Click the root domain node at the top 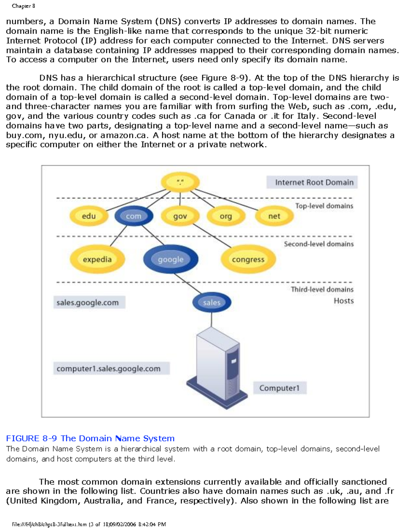pos(180,182)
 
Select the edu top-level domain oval pos(89,216)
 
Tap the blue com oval pos(134,216)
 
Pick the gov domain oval pos(180,216)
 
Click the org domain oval pos(226,216)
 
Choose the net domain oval pos(274,216)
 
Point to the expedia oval pos(97,260)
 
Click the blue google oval pos(170,260)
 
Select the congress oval pos(248,260)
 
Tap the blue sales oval pos(211,303)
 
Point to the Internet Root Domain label pos(314,182)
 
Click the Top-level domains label pos(324,206)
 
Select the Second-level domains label pos(318,244)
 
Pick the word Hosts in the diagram pos(343,301)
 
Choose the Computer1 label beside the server pos(279,388)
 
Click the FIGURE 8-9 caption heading pos(90,438)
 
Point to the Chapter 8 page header pos(23,6)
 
